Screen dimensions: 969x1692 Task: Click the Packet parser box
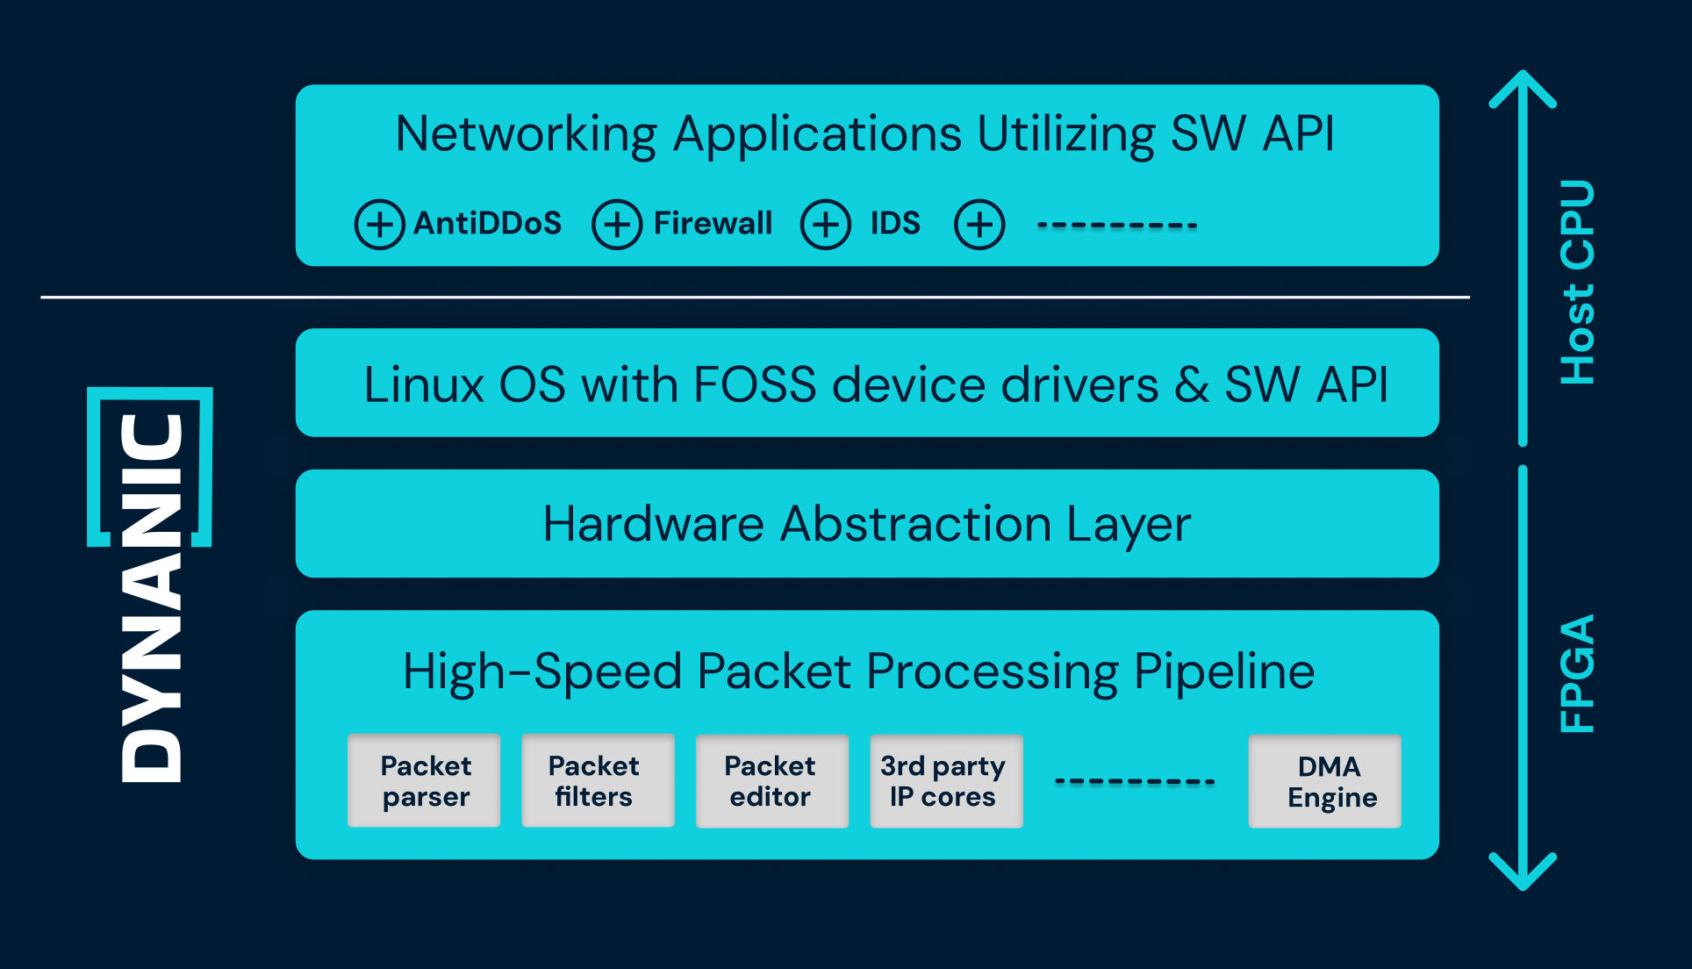pos(424,780)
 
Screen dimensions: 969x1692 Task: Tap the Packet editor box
pos(771,780)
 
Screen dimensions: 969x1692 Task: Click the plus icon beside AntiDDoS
pos(379,225)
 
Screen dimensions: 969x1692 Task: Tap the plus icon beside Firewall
pos(617,225)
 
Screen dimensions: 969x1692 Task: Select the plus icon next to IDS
pos(825,225)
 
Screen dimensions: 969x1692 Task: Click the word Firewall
pos(713,223)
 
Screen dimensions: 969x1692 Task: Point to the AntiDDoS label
pos(487,223)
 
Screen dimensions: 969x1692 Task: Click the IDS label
pos(895,223)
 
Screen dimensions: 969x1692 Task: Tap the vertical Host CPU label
pos(1577,282)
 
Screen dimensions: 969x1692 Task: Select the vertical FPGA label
pos(1577,673)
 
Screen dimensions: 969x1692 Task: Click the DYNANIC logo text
pos(151,597)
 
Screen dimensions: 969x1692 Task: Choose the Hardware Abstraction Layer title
pos(866,524)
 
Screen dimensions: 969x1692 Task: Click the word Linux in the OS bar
pos(424,384)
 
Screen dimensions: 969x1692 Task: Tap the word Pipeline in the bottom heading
pos(1224,671)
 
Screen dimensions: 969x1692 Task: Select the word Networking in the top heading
pos(526,134)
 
